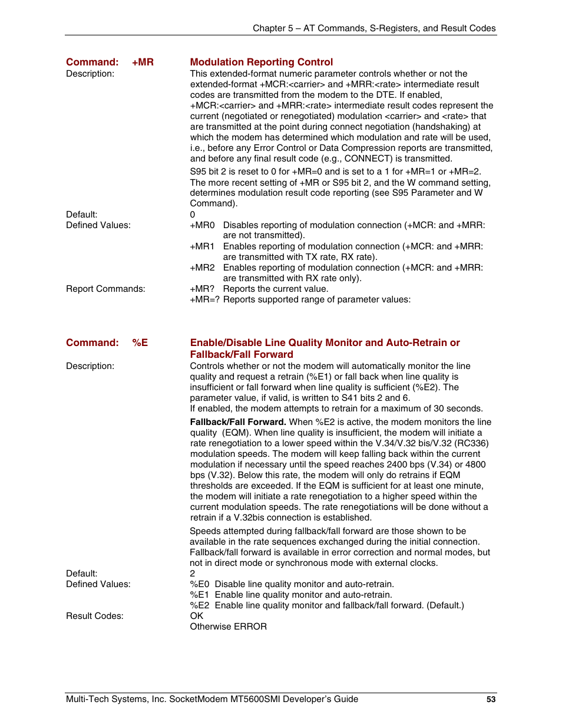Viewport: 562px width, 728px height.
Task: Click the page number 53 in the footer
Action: [x=491, y=699]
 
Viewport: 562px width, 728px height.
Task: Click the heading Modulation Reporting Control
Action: [x=261, y=62]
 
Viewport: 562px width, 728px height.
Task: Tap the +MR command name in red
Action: [x=143, y=62]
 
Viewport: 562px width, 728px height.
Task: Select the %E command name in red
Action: [x=140, y=342]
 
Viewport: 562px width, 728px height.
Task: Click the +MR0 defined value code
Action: [x=202, y=225]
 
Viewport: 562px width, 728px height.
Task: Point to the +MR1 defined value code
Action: [x=202, y=246]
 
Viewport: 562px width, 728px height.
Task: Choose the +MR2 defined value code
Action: [x=202, y=268]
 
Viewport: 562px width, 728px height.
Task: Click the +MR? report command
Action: [x=202, y=289]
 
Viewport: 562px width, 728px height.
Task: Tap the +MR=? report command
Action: [x=204, y=299]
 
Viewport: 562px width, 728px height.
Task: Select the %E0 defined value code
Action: [x=199, y=584]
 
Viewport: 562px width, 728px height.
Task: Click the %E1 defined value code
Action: [x=199, y=595]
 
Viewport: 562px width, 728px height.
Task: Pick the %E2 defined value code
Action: [x=199, y=605]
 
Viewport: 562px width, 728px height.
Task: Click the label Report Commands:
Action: [x=105, y=289]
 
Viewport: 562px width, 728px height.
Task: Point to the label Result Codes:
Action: [x=95, y=616]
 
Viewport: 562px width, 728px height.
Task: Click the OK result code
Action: [x=196, y=616]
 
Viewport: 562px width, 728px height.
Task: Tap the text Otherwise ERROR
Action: [x=228, y=627]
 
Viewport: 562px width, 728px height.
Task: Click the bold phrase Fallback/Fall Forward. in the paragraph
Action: [x=238, y=422]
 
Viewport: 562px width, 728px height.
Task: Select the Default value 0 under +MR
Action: [x=193, y=215]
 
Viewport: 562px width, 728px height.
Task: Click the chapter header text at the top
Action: [x=374, y=28]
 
